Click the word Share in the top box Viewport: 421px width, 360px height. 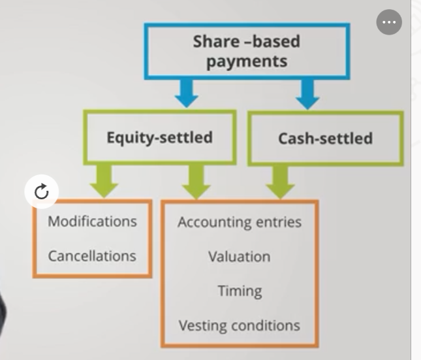[217, 41]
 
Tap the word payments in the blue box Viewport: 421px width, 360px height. [247, 61]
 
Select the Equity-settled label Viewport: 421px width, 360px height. [160, 138]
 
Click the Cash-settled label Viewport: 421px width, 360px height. [326, 139]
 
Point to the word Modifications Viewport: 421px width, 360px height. [93, 221]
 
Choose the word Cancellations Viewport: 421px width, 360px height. [92, 256]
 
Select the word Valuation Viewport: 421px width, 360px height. [240, 257]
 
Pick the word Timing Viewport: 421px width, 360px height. [240, 291]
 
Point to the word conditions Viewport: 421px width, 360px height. [266, 325]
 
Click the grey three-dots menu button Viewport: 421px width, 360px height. [389, 22]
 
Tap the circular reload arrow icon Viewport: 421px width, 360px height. [42, 191]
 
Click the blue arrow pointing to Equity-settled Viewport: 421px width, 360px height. [186, 93]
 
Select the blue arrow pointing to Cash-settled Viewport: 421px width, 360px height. [307, 94]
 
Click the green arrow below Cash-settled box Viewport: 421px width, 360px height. [280, 182]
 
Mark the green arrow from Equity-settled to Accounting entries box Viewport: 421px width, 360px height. [196, 182]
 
